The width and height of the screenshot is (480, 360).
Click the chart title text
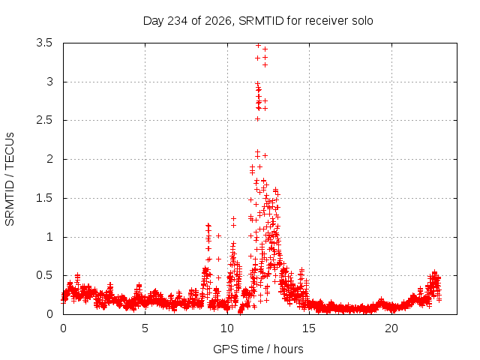pyautogui.click(x=258, y=21)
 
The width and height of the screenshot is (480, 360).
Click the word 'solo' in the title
pyautogui.click(x=362, y=21)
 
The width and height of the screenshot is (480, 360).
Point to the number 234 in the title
pyautogui.click(x=178, y=21)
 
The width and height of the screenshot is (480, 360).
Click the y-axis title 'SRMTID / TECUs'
pyautogui.click(x=10, y=179)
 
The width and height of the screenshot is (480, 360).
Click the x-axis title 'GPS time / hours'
pyautogui.click(x=258, y=349)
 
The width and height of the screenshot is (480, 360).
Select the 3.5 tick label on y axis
pyautogui.click(x=44, y=43)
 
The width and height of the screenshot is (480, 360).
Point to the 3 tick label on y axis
pyautogui.click(x=49, y=82)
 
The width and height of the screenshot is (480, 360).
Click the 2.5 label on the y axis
pyautogui.click(x=44, y=120)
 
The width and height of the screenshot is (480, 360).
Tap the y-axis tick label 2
pyautogui.click(x=49, y=159)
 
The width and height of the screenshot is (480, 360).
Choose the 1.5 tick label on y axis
pyautogui.click(x=44, y=198)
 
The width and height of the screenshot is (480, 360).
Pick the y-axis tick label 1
pyautogui.click(x=49, y=237)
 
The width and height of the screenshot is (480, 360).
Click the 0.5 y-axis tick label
pyautogui.click(x=44, y=275)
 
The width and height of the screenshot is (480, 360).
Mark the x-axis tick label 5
pyautogui.click(x=145, y=328)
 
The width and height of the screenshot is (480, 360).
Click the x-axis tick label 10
pyautogui.click(x=227, y=328)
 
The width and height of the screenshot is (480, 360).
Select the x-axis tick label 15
pyautogui.click(x=309, y=328)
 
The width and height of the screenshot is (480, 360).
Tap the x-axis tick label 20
pyautogui.click(x=391, y=328)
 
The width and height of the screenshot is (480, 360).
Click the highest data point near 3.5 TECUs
pyautogui.click(x=258, y=45)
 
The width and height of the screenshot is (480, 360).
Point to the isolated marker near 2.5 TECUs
pyautogui.click(x=258, y=118)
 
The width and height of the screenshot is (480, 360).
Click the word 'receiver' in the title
pyautogui.click(x=327, y=21)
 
